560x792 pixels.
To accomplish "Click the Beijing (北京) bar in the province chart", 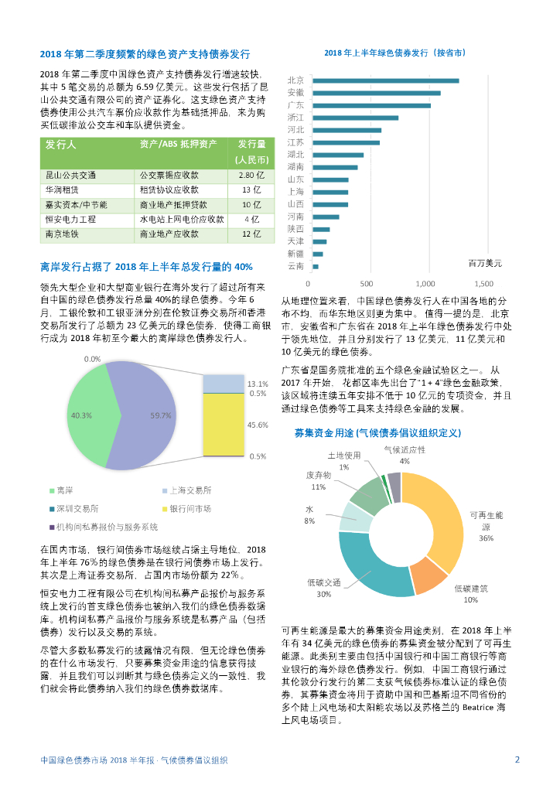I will pos(384,80).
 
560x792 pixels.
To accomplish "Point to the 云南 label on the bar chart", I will pos(295,266).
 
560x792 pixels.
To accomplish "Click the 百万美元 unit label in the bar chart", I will pos(485,263).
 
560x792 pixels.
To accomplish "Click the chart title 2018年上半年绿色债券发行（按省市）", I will pos(394,53).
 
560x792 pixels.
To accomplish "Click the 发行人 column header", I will pos(60,145).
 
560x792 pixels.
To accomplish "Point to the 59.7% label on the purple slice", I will pos(161,416).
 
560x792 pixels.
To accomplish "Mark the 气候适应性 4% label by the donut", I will pos(404,455).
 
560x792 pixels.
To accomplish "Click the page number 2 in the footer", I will pos(517,760).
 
